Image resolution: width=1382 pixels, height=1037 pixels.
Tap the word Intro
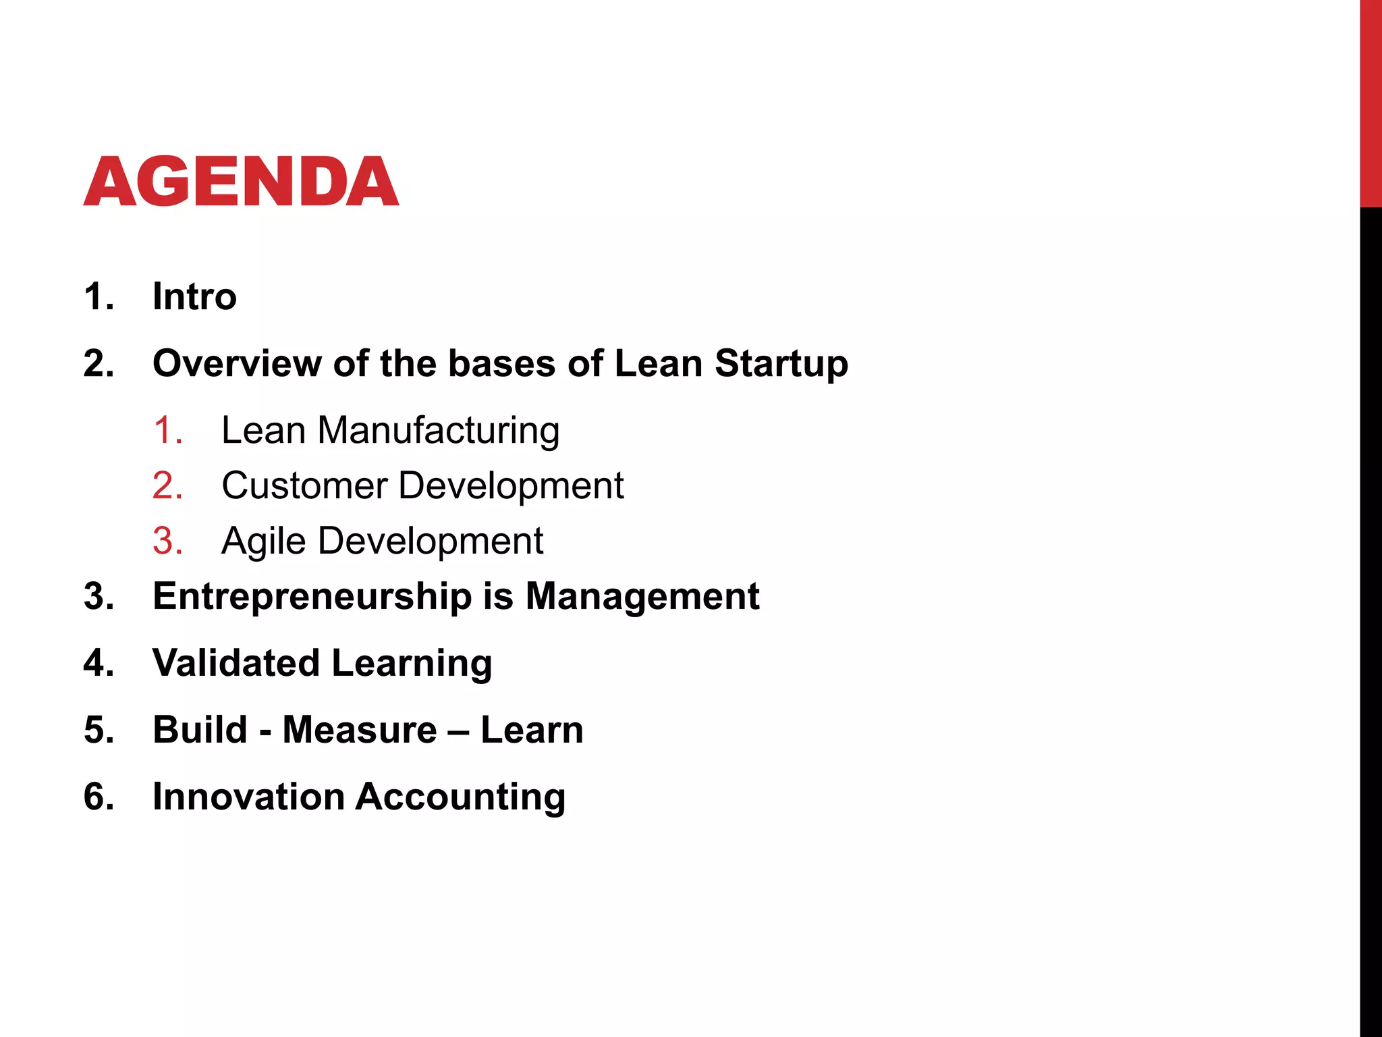click(194, 296)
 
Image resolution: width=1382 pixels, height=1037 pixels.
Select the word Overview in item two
click(237, 363)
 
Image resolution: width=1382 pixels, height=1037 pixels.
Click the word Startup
click(781, 365)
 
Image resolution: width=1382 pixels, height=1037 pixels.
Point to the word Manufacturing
click(438, 431)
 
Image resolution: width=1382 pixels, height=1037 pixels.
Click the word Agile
click(263, 541)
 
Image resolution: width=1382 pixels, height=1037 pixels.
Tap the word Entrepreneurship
click(312, 597)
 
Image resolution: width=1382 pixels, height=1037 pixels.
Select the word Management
click(642, 597)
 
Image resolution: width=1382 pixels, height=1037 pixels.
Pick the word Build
click(200, 730)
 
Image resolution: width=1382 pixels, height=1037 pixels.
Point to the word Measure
click(359, 730)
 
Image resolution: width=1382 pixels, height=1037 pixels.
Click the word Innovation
click(248, 797)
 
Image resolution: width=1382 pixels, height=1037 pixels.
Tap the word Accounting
click(460, 797)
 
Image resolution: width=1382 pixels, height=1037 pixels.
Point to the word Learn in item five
click(532, 730)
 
